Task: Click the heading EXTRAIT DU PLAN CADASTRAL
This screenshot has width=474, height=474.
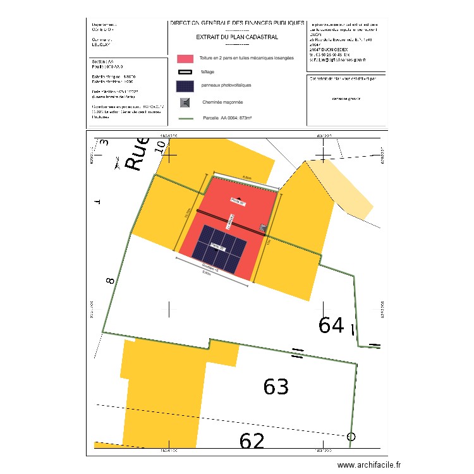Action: [x=237, y=37]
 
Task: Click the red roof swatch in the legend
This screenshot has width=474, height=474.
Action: [x=185, y=58]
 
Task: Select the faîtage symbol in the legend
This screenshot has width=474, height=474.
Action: [x=185, y=72]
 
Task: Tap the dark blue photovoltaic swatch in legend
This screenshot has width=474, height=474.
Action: [x=185, y=86]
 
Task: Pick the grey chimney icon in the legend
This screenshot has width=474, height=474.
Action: [x=185, y=102]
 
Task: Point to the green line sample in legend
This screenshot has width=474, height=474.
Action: [x=185, y=118]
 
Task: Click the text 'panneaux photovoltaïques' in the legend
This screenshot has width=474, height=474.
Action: [x=226, y=85]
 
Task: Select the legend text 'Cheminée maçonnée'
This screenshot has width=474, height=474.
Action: [x=222, y=102]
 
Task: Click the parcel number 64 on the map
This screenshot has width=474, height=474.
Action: [x=331, y=325]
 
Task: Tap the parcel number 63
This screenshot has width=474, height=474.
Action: [x=276, y=387]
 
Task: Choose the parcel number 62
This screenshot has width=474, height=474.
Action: [x=253, y=441]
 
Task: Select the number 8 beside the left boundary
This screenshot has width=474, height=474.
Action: [x=111, y=279]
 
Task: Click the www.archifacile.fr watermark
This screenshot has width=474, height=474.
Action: [x=369, y=465]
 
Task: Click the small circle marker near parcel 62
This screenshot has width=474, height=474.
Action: [x=351, y=436]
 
